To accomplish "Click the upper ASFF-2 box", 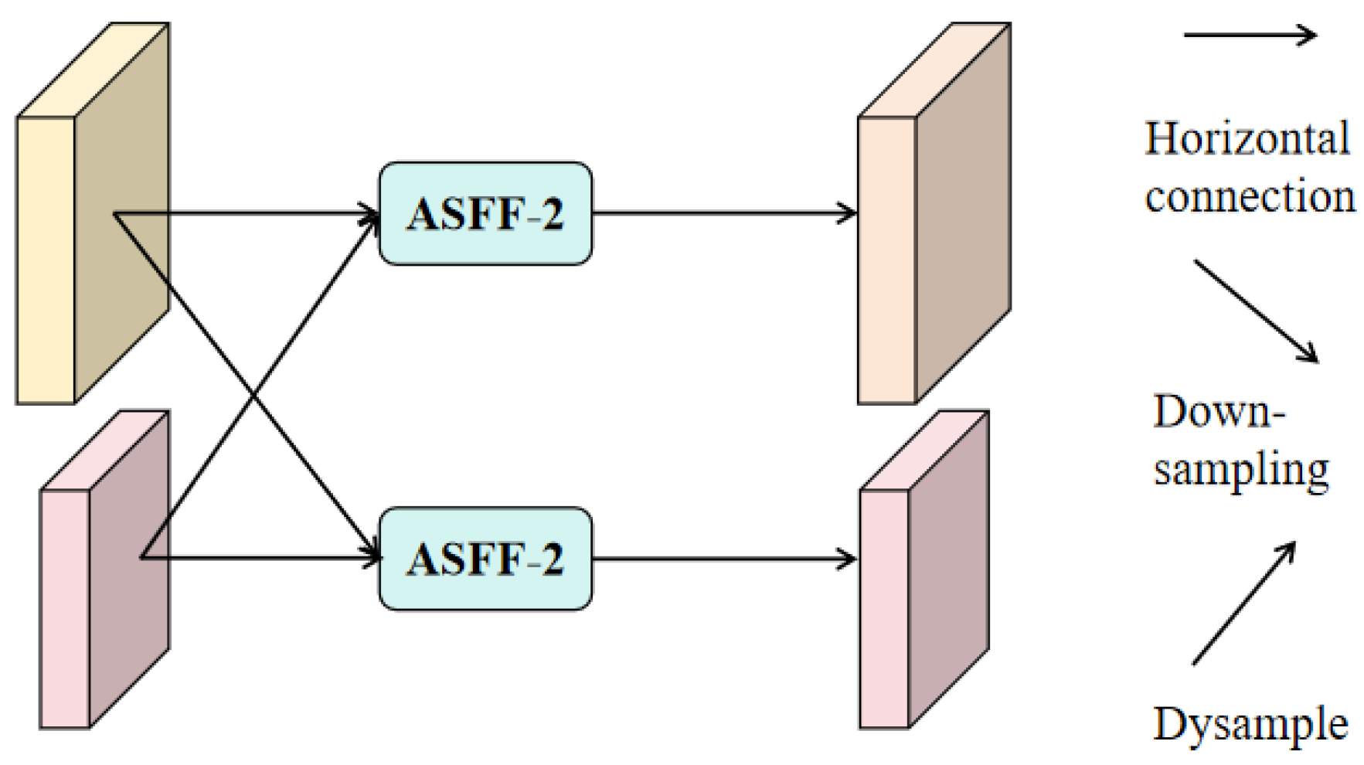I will coord(485,213).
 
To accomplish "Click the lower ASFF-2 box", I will coord(485,559).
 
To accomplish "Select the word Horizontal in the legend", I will coord(1247,140).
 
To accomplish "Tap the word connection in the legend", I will coord(1250,196).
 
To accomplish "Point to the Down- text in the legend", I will coord(1219,411).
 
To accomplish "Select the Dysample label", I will coord(1250,725).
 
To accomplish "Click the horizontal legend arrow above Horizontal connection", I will coord(1250,35).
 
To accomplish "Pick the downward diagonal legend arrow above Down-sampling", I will coord(1255,311).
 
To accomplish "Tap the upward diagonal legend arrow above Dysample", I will coord(1243,603).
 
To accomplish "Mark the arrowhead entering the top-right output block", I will coord(850,213).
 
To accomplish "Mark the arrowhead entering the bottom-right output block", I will coord(850,559).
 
